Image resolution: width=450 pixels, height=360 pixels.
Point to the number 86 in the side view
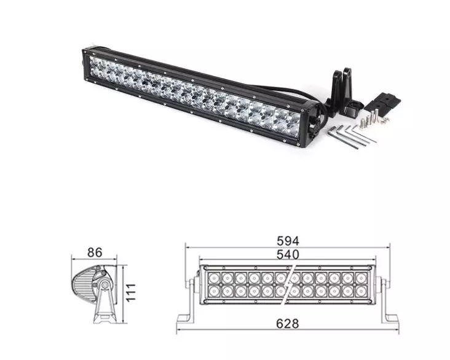tap(94, 252)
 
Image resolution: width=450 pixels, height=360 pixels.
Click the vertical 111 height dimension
tap(130, 292)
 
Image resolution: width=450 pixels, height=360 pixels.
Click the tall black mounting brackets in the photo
tap(340, 92)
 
